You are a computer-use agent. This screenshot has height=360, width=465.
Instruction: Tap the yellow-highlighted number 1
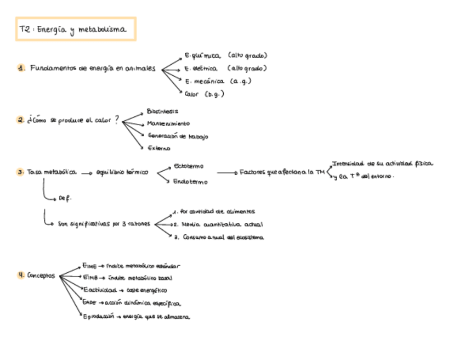tap(21, 69)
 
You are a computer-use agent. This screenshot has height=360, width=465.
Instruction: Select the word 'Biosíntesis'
tap(162, 111)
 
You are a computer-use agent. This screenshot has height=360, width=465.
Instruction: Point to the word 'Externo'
tap(159, 148)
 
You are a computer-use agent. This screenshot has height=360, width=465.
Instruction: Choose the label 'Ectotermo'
tap(188, 166)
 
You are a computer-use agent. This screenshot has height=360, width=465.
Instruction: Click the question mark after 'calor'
tap(116, 120)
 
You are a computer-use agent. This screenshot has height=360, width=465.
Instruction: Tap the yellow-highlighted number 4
tap(21, 275)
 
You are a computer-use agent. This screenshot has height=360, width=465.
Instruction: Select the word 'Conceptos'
tap(41, 275)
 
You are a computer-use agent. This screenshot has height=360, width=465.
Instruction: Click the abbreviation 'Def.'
tap(65, 199)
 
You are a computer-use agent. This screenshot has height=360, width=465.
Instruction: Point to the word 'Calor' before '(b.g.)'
tap(192, 94)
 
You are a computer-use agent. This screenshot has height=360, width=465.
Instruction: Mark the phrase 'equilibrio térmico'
tap(122, 172)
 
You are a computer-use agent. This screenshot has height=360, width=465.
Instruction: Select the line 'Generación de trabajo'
tap(178, 136)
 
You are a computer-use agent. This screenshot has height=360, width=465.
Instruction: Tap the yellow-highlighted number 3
tap(20, 172)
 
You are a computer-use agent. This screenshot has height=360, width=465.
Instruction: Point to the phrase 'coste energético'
tap(146, 290)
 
